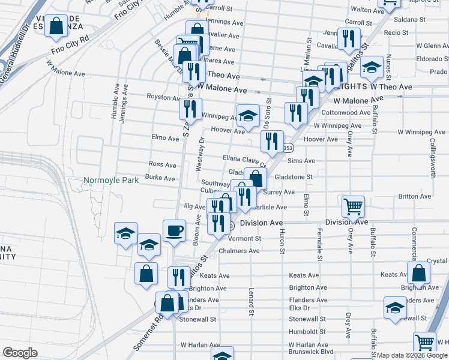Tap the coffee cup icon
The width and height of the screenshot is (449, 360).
(174, 230)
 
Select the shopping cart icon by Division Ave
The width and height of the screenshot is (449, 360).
(353, 206)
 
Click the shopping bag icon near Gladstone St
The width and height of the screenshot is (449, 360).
(256, 178)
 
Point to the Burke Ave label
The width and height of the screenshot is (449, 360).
(160, 178)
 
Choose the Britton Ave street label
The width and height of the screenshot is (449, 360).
(414, 196)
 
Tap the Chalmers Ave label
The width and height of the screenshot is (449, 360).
(239, 251)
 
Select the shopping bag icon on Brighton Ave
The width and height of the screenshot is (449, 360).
(418, 273)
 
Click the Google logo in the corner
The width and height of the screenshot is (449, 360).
(20, 352)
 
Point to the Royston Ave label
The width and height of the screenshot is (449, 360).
(163, 97)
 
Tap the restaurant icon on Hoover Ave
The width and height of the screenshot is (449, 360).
(272, 142)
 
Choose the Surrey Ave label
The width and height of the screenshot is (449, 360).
(279, 192)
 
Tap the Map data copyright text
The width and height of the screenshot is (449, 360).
(412, 355)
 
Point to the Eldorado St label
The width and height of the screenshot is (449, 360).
(433, 59)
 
